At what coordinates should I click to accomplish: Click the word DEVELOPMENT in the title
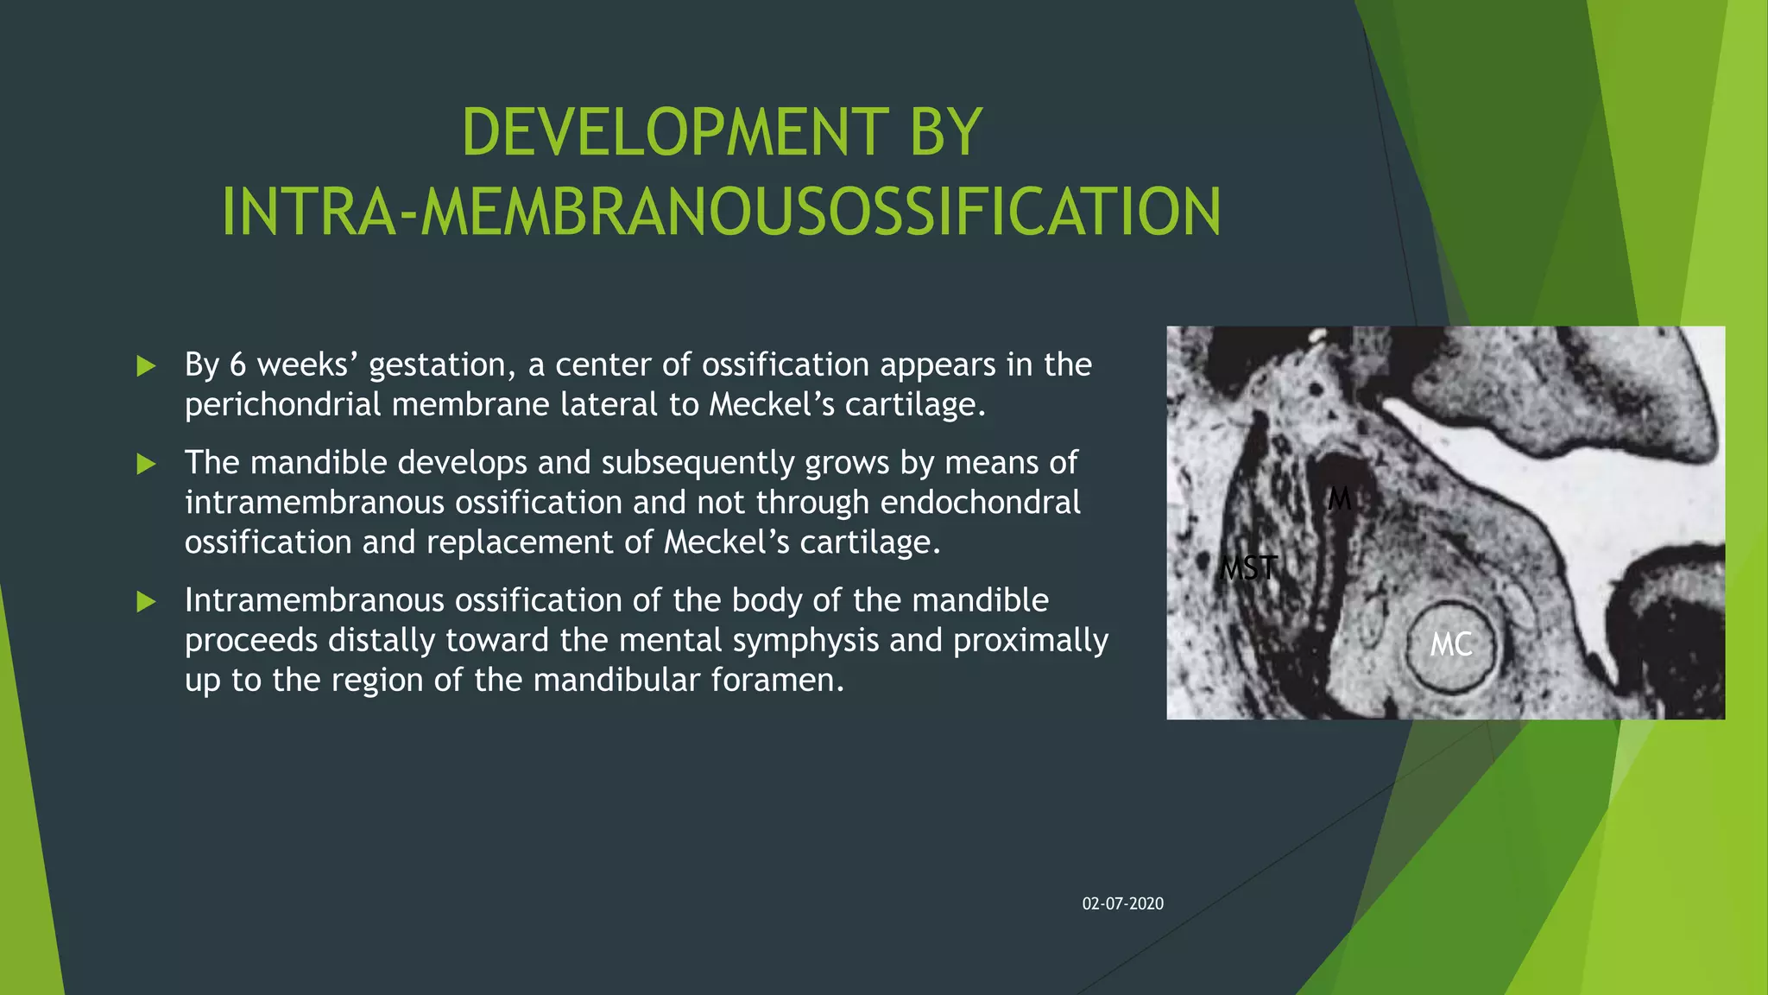click(674, 132)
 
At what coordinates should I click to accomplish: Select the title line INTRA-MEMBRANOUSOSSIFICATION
click(721, 212)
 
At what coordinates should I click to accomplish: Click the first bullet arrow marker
click(146, 366)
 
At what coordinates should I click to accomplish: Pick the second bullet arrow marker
click(146, 465)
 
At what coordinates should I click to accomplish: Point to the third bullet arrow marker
click(146, 602)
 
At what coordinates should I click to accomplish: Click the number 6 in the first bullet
click(237, 365)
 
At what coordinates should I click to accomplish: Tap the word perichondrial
click(282, 404)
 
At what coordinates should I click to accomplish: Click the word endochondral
click(980, 502)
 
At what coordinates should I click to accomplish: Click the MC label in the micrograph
click(1450, 644)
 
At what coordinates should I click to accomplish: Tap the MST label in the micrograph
click(1248, 568)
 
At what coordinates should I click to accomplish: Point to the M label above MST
click(1339, 498)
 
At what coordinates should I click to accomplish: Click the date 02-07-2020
click(1122, 903)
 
